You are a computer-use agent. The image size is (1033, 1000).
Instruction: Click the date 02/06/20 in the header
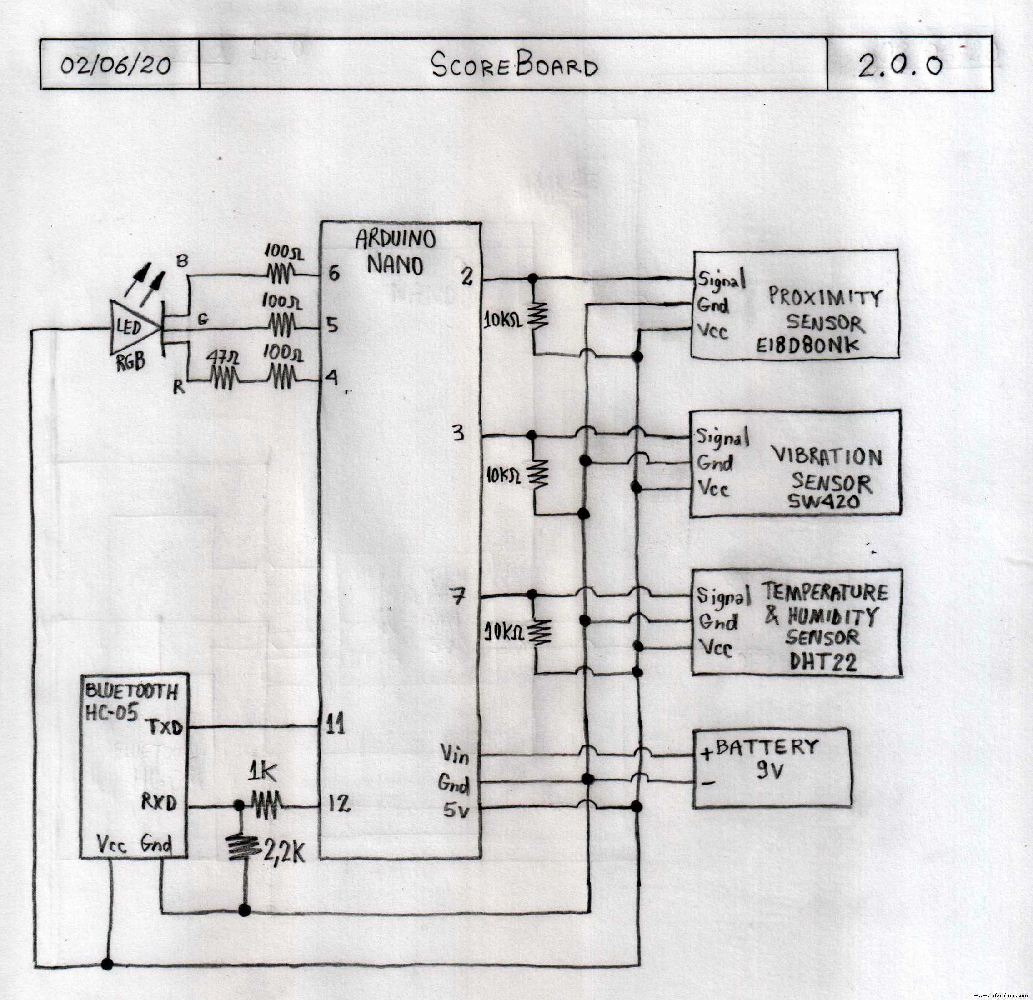pyautogui.click(x=115, y=65)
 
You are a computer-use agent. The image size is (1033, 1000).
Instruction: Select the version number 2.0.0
pyautogui.click(x=900, y=66)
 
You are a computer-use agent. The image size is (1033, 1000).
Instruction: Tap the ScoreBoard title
pyautogui.click(x=514, y=67)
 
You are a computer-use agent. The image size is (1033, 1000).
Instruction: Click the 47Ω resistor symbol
pyautogui.click(x=225, y=379)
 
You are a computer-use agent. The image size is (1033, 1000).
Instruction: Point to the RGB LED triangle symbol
pyautogui.click(x=133, y=328)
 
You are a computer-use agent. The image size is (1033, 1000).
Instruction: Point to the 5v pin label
pyautogui.click(x=456, y=811)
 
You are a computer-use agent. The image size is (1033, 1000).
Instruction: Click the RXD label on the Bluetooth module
pyautogui.click(x=159, y=804)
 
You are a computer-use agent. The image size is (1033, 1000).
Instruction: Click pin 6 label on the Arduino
pyautogui.click(x=334, y=274)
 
